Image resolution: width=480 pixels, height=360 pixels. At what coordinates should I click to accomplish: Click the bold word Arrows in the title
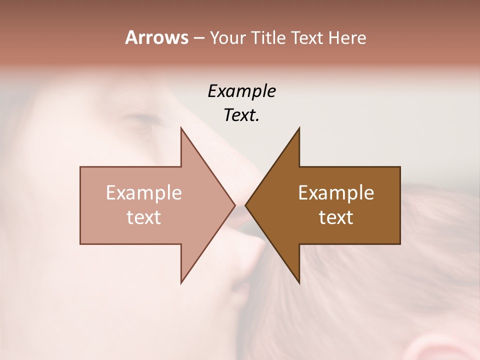(x=156, y=37)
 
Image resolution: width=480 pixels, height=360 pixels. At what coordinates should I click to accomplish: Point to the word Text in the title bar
(x=308, y=38)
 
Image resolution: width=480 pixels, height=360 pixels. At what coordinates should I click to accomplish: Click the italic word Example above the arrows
(x=241, y=91)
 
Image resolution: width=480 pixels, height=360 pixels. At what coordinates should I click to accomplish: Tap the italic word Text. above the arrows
(x=241, y=115)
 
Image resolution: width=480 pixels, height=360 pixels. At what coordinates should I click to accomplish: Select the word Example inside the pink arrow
(x=143, y=193)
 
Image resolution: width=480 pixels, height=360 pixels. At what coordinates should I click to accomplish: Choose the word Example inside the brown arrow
(x=336, y=193)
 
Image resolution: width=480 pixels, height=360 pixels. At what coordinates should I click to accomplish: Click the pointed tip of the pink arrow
(x=234, y=205)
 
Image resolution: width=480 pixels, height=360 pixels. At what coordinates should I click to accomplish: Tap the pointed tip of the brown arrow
(x=245, y=205)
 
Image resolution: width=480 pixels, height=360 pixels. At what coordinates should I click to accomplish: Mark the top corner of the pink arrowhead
(x=181, y=128)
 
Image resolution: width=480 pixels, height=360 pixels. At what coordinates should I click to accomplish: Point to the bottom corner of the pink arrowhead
(x=181, y=282)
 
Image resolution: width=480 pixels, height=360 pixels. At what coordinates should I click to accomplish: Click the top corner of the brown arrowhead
(x=299, y=128)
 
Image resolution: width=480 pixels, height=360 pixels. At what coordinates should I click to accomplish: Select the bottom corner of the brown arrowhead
(x=299, y=282)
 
